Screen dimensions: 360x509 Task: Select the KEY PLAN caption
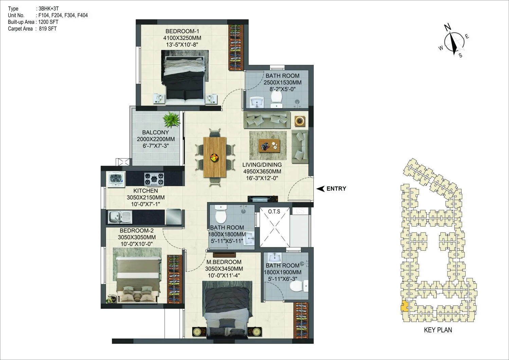438,330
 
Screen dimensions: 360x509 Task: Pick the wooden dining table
215,157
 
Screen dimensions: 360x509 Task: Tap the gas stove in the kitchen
154,178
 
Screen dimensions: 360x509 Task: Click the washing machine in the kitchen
116,179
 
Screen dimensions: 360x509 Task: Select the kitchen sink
120,217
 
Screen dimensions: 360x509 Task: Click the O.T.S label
274,212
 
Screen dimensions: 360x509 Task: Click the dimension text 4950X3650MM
262,172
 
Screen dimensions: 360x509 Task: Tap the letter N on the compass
448,27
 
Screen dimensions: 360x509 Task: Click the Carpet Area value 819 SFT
48,29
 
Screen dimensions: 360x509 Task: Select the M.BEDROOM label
224,262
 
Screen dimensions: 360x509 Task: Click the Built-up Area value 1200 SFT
49,22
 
